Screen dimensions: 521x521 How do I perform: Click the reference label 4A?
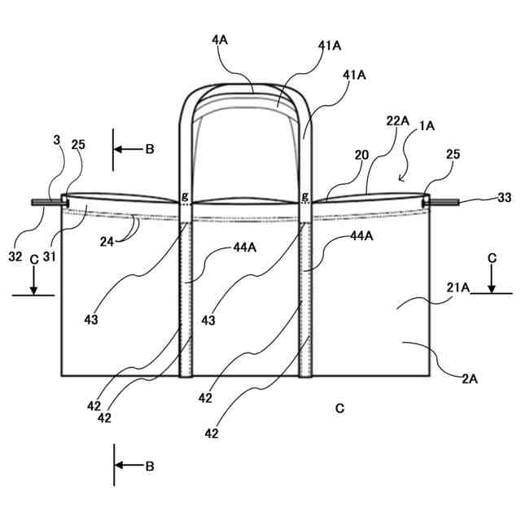(220, 39)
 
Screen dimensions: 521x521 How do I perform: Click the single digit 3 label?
(56, 140)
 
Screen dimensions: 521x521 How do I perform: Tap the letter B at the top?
(149, 150)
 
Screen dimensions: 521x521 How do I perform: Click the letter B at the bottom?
(149, 466)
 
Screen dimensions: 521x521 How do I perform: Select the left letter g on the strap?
(185, 196)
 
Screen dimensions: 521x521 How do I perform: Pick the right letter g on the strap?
(305, 196)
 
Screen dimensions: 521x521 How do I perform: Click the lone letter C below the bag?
(339, 408)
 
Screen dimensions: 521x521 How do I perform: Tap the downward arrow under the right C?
(492, 282)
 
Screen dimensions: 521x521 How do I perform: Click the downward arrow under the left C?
(33, 282)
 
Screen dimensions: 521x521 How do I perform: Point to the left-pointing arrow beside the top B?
(128, 150)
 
